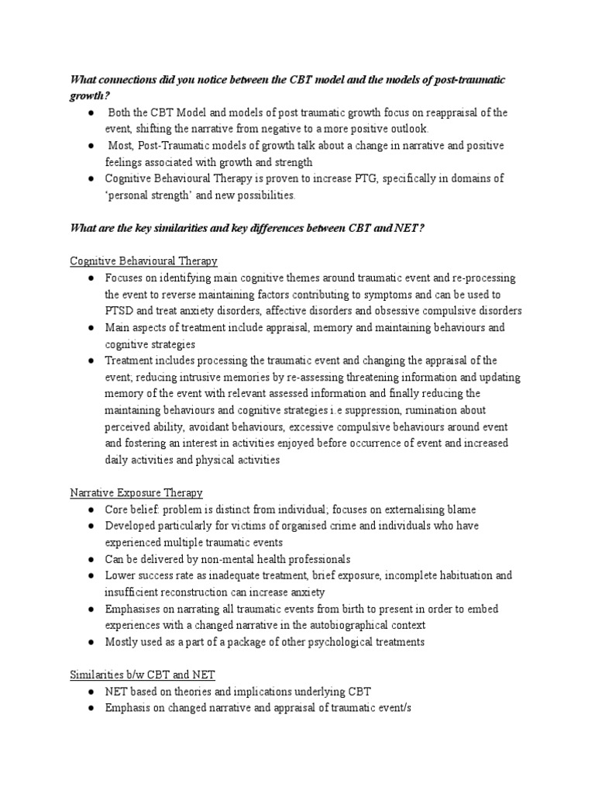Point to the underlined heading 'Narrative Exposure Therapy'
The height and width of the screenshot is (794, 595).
click(136, 492)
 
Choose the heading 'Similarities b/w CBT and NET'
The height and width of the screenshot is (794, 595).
click(143, 675)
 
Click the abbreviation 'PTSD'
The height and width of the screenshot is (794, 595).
click(122, 311)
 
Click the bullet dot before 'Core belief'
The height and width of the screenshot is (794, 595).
click(91, 509)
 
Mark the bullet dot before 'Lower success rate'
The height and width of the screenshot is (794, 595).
click(91, 575)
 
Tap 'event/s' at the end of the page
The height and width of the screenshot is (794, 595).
click(377, 708)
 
